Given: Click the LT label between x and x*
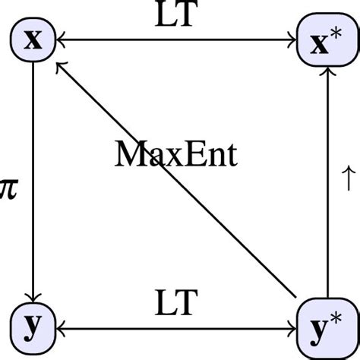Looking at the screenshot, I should click(176, 17).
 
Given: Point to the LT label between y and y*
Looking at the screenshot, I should click(176, 304).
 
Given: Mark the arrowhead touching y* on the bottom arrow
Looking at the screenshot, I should click(292, 328).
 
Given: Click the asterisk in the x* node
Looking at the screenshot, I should click(337, 33).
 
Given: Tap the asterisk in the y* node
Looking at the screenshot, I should click(337, 319).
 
